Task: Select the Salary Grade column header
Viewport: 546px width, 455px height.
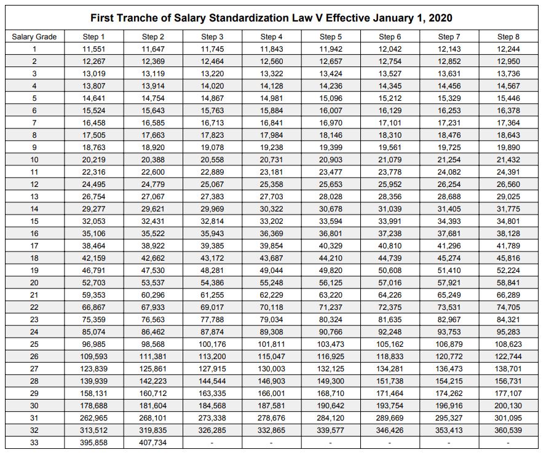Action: (x=34, y=37)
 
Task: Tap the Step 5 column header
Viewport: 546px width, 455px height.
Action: (x=331, y=37)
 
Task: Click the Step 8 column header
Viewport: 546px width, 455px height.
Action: (x=508, y=37)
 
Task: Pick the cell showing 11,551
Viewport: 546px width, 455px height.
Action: (x=93, y=49)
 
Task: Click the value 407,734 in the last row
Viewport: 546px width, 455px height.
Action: (x=153, y=443)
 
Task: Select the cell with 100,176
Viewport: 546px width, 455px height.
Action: (x=212, y=344)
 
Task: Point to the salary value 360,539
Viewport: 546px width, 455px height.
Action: (x=508, y=430)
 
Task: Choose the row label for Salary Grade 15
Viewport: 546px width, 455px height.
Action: (x=34, y=221)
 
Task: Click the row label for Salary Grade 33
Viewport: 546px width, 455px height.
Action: (x=34, y=443)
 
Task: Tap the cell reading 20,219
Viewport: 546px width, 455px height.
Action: (x=93, y=160)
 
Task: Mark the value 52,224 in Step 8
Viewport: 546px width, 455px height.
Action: (x=508, y=271)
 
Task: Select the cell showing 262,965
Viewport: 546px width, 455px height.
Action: (x=93, y=418)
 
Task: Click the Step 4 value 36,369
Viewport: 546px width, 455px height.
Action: (x=272, y=234)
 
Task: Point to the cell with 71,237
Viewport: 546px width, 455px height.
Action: (x=331, y=307)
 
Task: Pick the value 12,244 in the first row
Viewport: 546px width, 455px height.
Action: (x=508, y=49)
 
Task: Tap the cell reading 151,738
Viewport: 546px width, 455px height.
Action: (x=390, y=381)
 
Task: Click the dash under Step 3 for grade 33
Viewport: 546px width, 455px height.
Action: (x=212, y=443)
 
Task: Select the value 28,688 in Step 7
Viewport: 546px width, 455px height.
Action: (x=449, y=197)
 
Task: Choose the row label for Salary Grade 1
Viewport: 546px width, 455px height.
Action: (x=34, y=49)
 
